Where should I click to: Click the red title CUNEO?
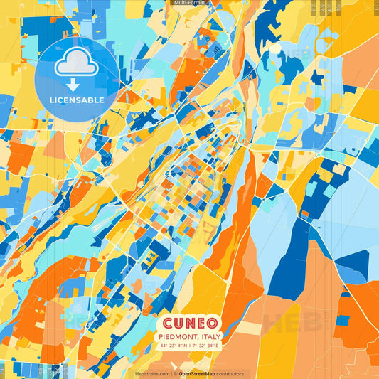(189, 322)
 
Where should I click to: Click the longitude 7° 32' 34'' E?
(206, 345)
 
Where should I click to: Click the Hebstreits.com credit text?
(152, 373)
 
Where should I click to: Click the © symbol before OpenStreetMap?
(175, 373)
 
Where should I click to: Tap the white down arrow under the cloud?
(73, 84)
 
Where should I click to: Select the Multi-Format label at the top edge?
(188, 3)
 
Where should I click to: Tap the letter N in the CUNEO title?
(190, 322)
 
